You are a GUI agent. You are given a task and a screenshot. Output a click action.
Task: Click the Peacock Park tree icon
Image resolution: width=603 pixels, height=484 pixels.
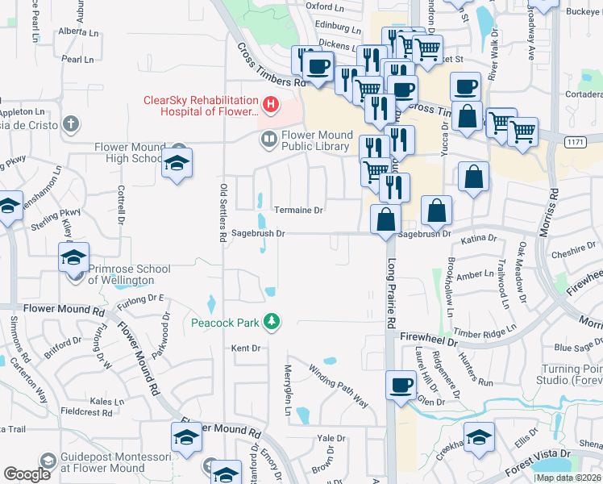[x=272, y=322]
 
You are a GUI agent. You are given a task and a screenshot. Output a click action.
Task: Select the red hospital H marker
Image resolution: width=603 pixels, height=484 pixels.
[x=270, y=105]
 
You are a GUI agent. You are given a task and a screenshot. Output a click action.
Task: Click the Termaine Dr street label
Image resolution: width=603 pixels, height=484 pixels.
[x=298, y=210]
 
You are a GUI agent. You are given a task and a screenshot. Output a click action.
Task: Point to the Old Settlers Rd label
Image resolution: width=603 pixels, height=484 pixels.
[x=223, y=213]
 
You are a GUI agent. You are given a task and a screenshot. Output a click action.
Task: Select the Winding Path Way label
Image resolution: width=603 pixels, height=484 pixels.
[x=338, y=385]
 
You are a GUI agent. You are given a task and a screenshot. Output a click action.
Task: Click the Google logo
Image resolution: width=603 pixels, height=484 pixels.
[x=27, y=474]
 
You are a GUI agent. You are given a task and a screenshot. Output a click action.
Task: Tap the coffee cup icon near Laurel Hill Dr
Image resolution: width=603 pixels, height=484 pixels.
[x=401, y=385]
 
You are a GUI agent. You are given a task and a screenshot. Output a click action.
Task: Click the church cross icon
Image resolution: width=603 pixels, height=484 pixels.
[x=72, y=124]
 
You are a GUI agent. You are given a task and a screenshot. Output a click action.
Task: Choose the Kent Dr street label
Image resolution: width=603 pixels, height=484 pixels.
[x=247, y=348]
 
